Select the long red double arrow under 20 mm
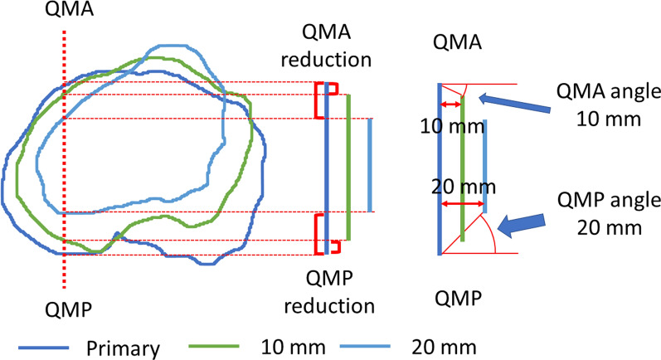coord(461,203)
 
